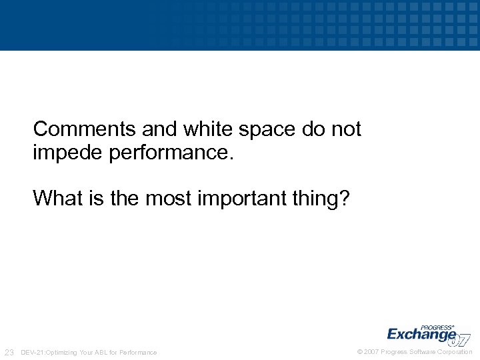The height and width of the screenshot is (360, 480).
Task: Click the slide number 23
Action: [x=9, y=352]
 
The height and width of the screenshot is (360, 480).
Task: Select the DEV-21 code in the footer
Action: [x=33, y=352]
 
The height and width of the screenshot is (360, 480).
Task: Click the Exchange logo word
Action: [x=420, y=334]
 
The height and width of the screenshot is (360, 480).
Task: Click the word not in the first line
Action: [x=345, y=129]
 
